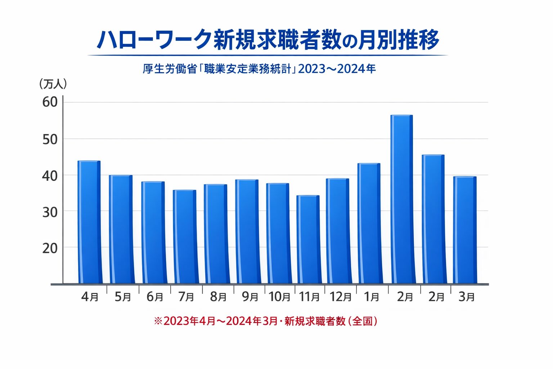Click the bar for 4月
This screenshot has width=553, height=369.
coord(89,222)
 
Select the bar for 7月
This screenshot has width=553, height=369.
coord(185,236)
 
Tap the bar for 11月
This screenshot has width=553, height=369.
coord(308,239)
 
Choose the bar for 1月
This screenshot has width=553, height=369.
coord(369,223)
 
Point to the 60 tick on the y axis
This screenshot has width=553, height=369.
coord(50,102)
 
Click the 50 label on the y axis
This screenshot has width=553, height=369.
coord(50,139)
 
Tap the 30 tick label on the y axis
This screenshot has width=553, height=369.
coord(50,212)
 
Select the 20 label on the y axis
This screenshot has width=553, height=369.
coord(50,248)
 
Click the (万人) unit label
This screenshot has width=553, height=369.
coord(53,84)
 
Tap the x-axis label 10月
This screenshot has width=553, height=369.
coord(279,297)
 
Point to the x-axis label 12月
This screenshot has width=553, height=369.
coord(341,297)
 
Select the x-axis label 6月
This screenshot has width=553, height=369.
coord(155,297)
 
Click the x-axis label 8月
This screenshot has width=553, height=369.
coord(218,297)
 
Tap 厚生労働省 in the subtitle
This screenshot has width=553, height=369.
coord(170,68)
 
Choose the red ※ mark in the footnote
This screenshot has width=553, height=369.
coord(158,321)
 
